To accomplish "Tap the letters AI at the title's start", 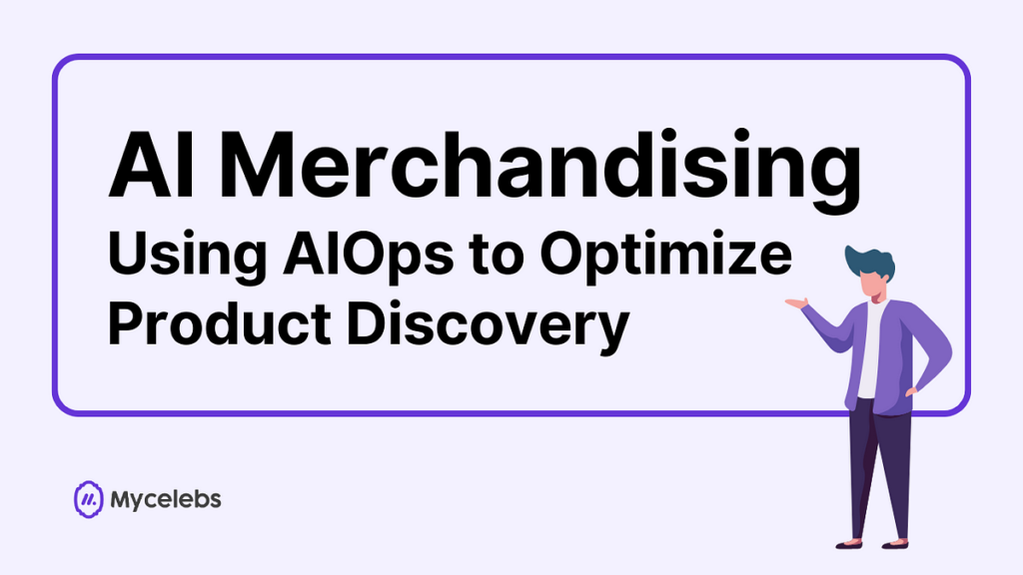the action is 151,164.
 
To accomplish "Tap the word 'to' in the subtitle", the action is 497,257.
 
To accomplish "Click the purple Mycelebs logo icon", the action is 88,499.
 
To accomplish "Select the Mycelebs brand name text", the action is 166,500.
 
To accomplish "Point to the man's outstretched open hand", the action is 796,302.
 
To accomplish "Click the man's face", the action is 874,285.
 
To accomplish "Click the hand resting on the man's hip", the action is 910,392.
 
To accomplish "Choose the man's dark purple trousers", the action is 879,468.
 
